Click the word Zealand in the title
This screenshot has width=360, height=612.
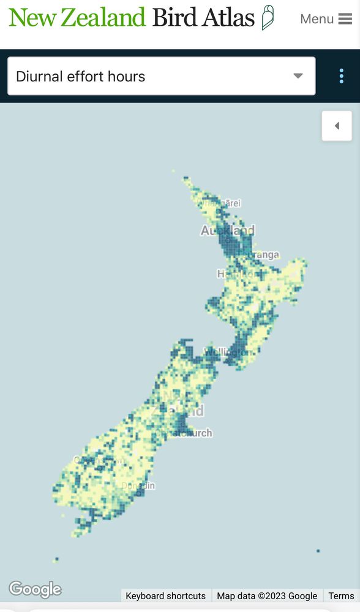(103, 18)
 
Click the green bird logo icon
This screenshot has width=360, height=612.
(268, 17)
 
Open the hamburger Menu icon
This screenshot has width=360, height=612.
(345, 19)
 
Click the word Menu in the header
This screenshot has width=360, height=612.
(317, 19)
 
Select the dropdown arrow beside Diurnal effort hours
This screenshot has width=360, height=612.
(298, 76)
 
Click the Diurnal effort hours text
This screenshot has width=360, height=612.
(80, 76)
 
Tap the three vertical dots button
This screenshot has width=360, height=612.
(342, 76)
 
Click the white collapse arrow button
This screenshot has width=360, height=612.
(337, 126)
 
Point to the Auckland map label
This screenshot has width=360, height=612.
(227, 231)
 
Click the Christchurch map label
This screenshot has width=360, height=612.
(184, 433)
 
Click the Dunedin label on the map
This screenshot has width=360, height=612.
(138, 486)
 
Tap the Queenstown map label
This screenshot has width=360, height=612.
(99, 460)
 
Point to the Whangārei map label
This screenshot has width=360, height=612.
(219, 203)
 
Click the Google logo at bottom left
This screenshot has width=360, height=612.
(35, 589)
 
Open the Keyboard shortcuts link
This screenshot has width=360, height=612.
(165, 595)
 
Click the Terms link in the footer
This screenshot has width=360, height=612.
(341, 595)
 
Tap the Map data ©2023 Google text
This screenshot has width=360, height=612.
(267, 595)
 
